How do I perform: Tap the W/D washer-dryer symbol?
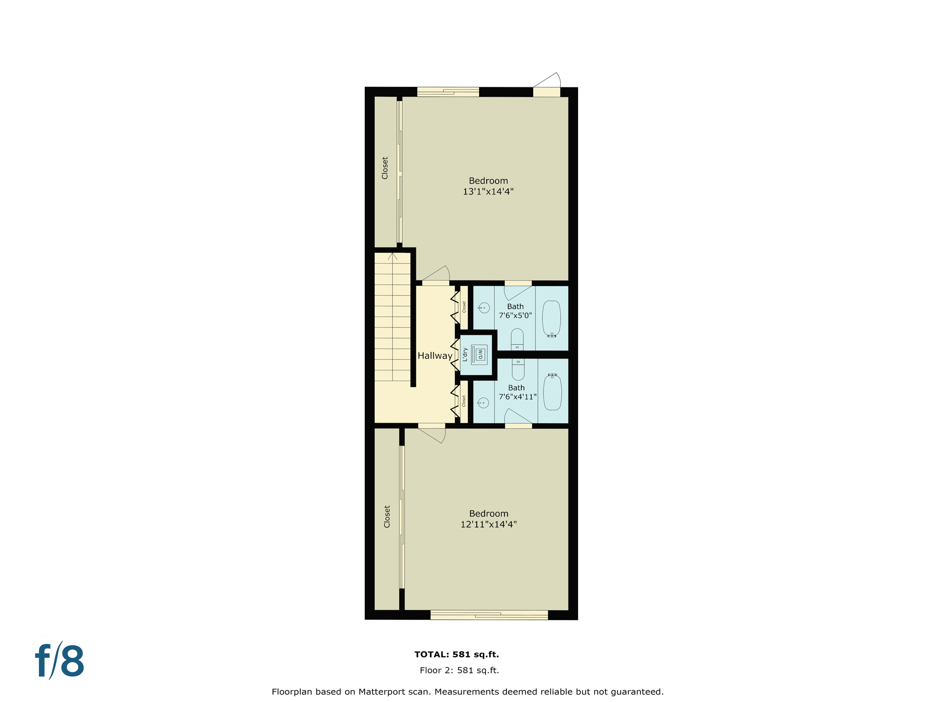coord(479,354)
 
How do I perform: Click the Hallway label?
coord(435,356)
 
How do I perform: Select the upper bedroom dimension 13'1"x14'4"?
coord(488,191)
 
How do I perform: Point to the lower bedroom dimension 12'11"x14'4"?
coord(488,524)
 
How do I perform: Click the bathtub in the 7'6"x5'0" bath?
coord(552,319)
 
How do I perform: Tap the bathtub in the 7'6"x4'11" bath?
coord(553,392)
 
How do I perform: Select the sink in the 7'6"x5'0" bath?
coord(484,308)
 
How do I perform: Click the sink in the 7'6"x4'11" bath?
coord(483,403)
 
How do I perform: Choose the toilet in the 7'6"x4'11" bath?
coord(518,369)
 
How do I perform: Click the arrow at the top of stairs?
coord(392,256)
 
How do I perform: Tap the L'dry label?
coord(465,355)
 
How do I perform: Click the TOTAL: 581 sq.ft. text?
coord(456,654)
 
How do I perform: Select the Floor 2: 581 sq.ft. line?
coord(459,670)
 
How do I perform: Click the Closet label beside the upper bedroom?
coord(385,168)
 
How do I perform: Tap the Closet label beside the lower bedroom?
coord(387,516)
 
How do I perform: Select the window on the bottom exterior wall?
coord(489,615)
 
